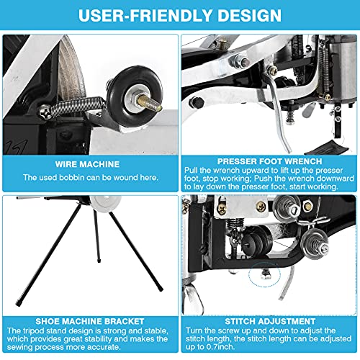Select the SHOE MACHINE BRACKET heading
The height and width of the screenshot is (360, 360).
tap(90, 320)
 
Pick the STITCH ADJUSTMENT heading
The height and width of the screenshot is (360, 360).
tap(269, 320)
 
